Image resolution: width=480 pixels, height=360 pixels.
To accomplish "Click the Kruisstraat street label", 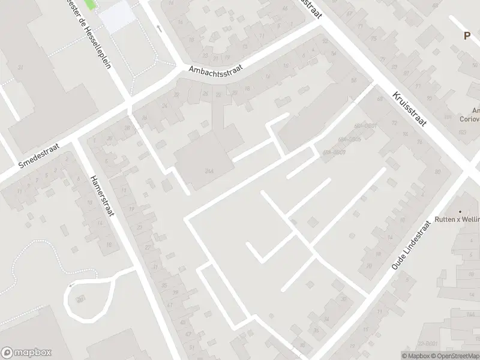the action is pos(410,109).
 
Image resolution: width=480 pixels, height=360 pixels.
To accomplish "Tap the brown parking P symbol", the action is pos(467,36).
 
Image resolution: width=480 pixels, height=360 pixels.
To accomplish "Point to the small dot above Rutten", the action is pos(461,212).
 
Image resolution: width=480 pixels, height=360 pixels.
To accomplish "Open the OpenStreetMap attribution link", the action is pos(453,356).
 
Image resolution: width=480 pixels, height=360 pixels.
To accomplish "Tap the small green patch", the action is pos(90,5).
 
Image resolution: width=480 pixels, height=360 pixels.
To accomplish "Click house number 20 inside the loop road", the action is pos(80,298).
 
